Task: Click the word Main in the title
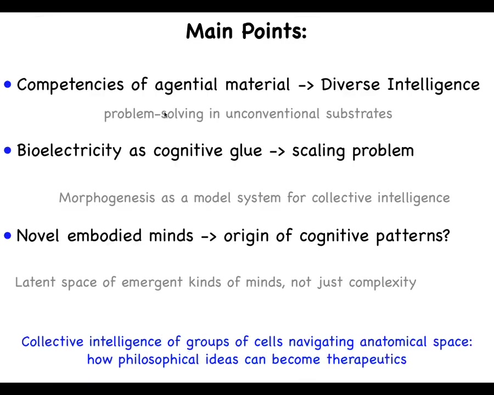[x=210, y=31]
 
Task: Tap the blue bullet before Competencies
[x=8, y=84]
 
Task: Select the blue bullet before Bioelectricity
[x=8, y=150]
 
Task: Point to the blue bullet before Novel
[x=8, y=235]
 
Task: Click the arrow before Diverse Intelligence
[x=306, y=85]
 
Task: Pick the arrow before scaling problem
[x=277, y=151]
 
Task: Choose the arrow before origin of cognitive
[x=209, y=236]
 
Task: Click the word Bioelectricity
[x=69, y=150]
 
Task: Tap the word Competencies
[x=70, y=84]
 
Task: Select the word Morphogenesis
[x=107, y=198]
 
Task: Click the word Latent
[x=35, y=281]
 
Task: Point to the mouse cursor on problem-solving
[x=166, y=115]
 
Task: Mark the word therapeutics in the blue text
[x=367, y=359]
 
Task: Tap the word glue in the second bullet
[x=246, y=150]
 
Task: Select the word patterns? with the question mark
[x=413, y=236]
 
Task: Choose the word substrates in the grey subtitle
[x=359, y=114]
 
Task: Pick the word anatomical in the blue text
[x=393, y=342]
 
